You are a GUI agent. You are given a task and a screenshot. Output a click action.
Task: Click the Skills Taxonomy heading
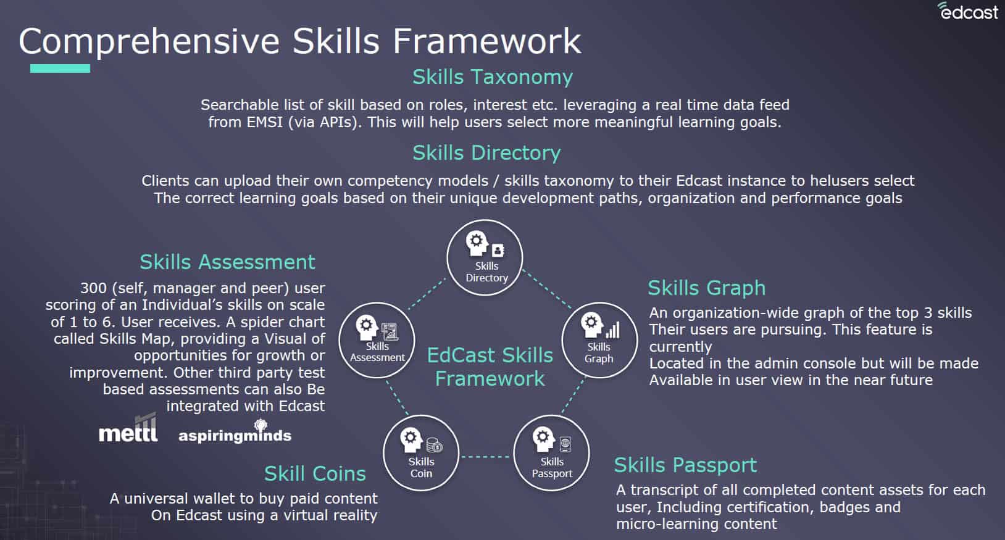(493, 77)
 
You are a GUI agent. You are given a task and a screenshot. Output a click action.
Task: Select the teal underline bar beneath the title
(60, 69)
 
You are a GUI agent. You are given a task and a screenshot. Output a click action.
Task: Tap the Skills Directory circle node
(485, 257)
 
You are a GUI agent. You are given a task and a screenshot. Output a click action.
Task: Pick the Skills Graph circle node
(599, 340)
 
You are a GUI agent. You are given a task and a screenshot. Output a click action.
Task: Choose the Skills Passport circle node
(551, 453)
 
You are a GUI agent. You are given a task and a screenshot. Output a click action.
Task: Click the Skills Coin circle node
(421, 453)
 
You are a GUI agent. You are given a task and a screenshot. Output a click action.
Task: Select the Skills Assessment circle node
(377, 340)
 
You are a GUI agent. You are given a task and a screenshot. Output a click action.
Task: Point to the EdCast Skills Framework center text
(490, 367)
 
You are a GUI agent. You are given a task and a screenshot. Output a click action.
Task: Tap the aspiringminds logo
(235, 432)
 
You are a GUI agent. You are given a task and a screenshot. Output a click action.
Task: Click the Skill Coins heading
(315, 473)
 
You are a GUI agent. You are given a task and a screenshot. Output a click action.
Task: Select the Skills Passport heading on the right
(686, 465)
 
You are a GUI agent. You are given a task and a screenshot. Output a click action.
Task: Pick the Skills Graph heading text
(707, 288)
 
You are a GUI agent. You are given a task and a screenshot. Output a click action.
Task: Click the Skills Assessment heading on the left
(227, 262)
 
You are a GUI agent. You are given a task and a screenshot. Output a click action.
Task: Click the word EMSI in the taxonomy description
(264, 122)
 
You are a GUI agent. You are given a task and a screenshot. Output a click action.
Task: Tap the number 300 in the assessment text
(93, 288)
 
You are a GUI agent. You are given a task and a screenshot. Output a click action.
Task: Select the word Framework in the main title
(487, 41)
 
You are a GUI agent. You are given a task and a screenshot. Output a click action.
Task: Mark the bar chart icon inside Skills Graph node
(613, 330)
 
